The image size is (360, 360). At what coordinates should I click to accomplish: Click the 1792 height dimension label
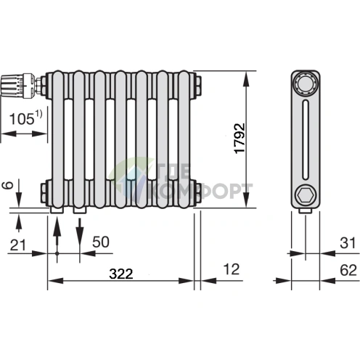(x=240, y=139)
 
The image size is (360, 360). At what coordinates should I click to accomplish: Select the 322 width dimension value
(x=121, y=274)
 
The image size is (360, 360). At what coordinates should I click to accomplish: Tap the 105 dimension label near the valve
(x=22, y=119)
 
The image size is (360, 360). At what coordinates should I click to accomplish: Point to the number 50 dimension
(x=101, y=242)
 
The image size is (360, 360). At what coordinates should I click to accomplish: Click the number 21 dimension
(x=17, y=245)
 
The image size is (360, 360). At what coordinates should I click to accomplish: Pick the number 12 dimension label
(x=232, y=269)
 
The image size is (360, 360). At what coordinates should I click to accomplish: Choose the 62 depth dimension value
(x=348, y=270)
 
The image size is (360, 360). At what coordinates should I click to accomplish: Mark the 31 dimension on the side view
(x=348, y=243)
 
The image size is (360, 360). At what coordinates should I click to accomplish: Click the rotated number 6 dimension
(x=8, y=185)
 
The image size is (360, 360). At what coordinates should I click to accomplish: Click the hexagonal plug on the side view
(x=306, y=195)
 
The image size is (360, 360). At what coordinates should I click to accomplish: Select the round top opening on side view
(x=306, y=84)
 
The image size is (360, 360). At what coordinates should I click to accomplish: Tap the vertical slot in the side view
(x=306, y=140)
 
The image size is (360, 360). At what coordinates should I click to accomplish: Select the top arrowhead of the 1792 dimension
(x=246, y=78)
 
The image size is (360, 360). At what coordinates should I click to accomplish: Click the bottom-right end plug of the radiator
(x=197, y=195)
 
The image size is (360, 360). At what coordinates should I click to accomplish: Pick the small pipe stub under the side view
(x=306, y=211)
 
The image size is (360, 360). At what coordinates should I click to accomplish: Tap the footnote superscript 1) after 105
(x=38, y=114)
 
